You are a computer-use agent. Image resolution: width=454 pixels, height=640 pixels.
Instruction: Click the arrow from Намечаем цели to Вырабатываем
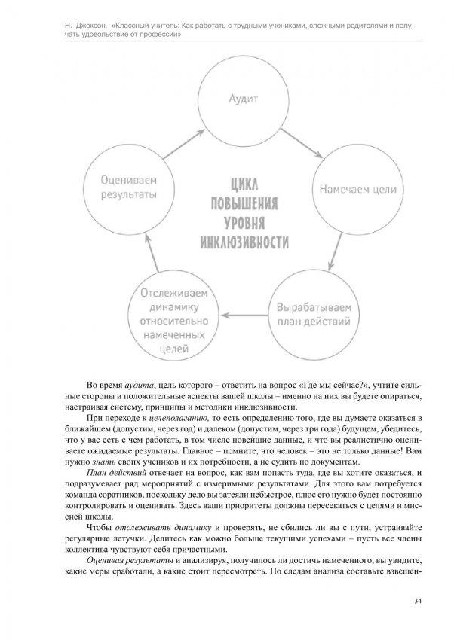coord(339,252)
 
